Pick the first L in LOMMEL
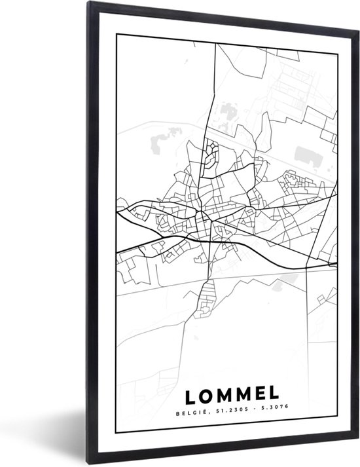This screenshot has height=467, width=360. point(190,395)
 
